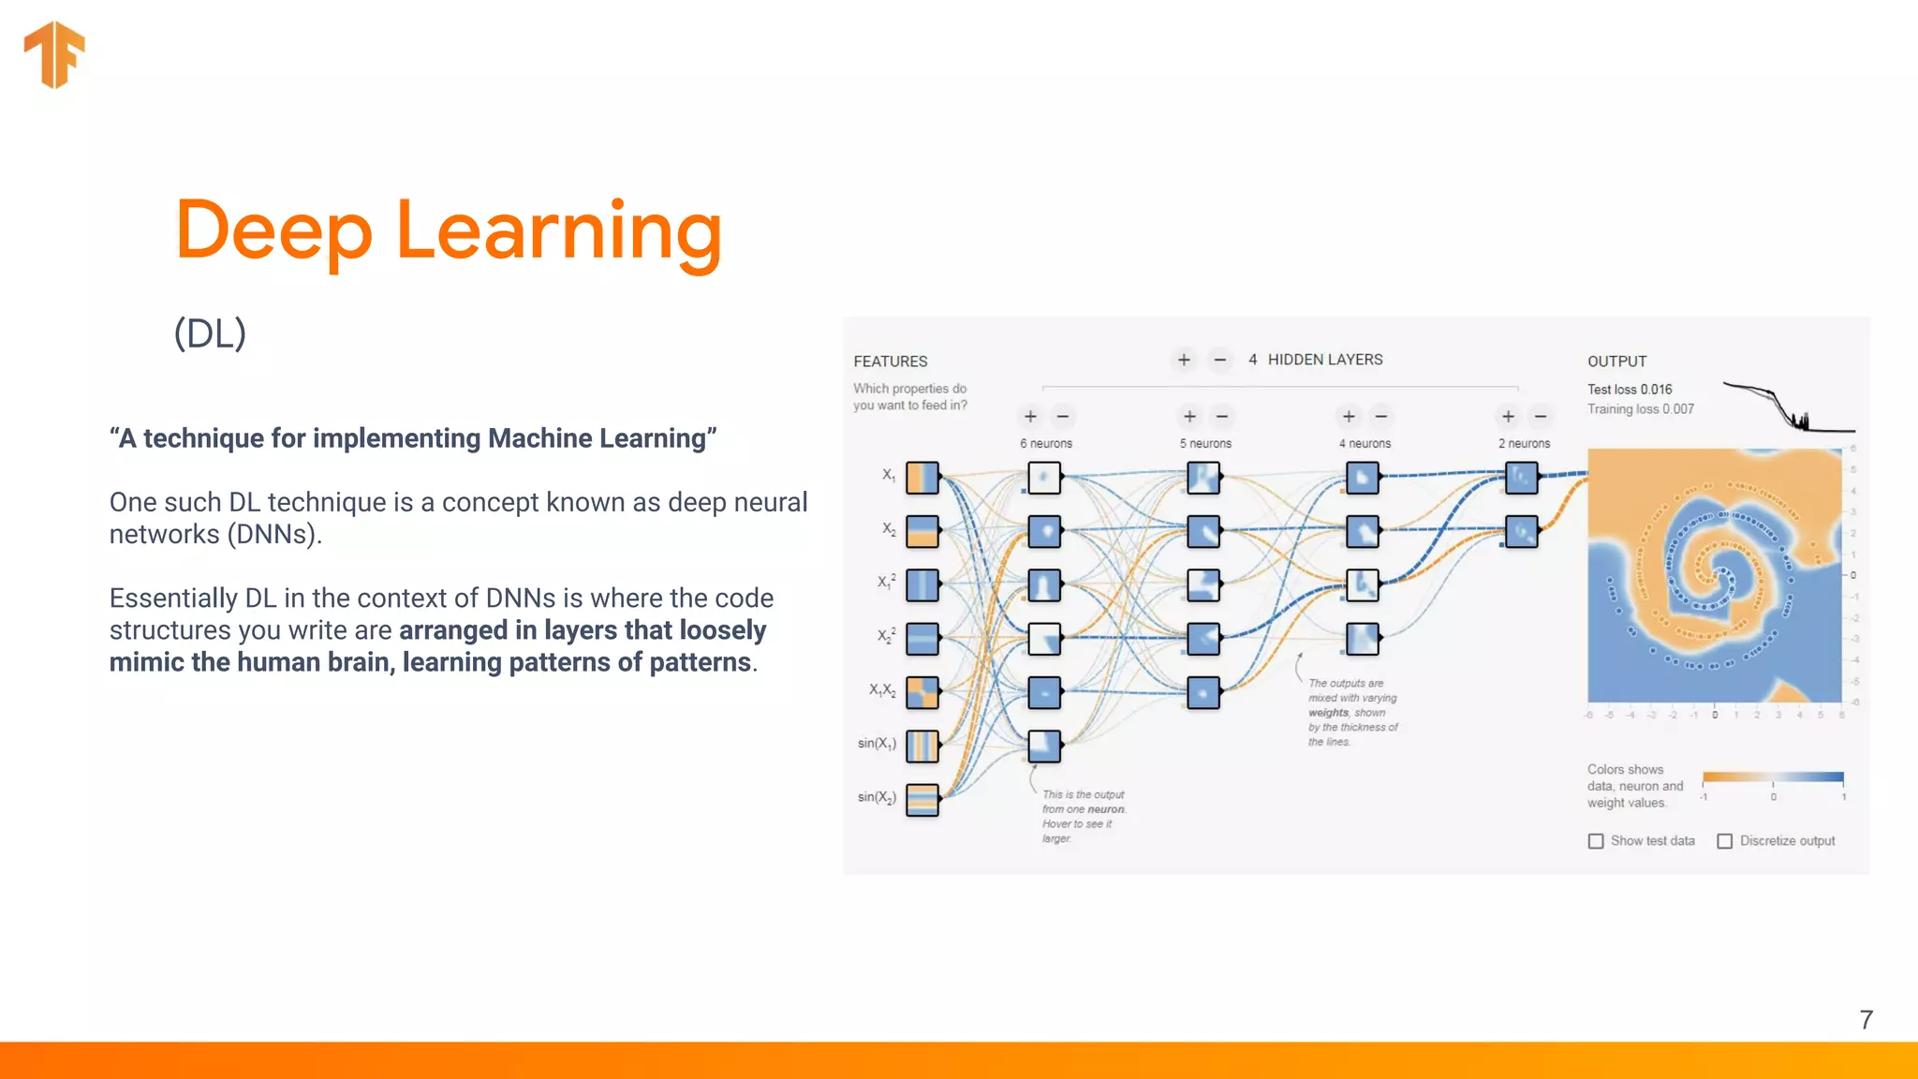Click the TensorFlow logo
click(x=54, y=54)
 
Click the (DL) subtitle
click(x=210, y=333)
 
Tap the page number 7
click(x=1866, y=1020)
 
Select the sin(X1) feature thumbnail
click(x=922, y=746)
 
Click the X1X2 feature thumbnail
click(x=922, y=693)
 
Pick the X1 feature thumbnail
click(x=922, y=478)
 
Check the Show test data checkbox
click(x=1596, y=841)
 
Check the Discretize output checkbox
click(x=1724, y=841)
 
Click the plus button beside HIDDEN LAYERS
click(x=1184, y=360)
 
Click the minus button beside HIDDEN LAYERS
click(x=1219, y=360)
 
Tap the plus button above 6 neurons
click(x=1030, y=416)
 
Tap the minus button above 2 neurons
click(x=1541, y=416)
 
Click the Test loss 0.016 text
click(x=1629, y=390)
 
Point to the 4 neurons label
click(x=1365, y=444)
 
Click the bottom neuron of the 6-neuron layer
click(x=1044, y=746)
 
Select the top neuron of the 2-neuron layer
click(x=1522, y=478)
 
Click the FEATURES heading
click(x=890, y=362)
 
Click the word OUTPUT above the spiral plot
click(x=1616, y=362)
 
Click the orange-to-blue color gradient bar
click(x=1772, y=776)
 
